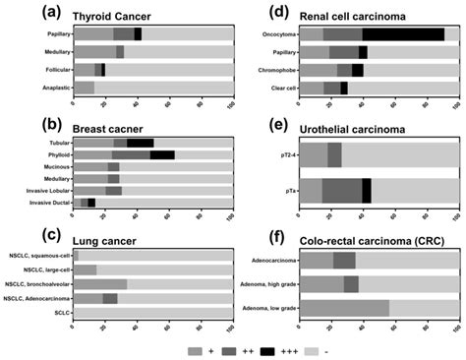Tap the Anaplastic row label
pyautogui.click(x=52, y=88)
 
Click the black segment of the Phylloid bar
pyautogui.click(x=162, y=154)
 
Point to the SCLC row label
pyautogui.click(x=61, y=314)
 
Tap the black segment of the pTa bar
pyautogui.click(x=366, y=190)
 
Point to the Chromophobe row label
pyautogui.click(x=272, y=70)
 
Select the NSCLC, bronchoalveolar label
pyautogui.click(x=36, y=283)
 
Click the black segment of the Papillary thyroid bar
pyautogui.click(x=138, y=33)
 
